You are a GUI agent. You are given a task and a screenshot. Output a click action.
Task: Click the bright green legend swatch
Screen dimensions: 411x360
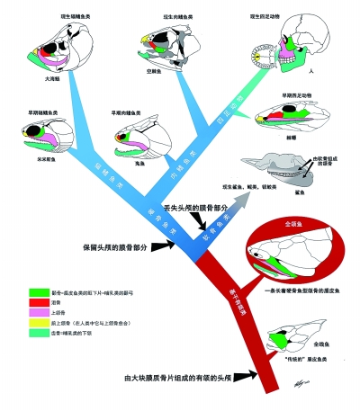[x=33, y=292]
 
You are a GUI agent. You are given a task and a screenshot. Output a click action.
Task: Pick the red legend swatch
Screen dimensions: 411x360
[x=33, y=304]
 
